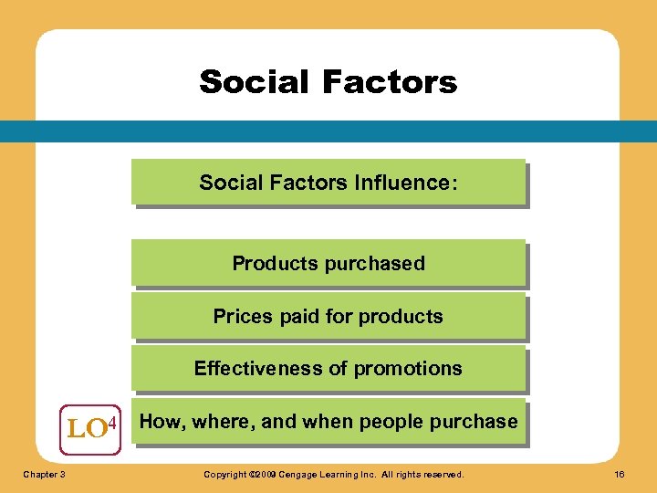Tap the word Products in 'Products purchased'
tap(273, 264)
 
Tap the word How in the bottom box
tap(159, 422)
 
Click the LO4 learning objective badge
tap(90, 427)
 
